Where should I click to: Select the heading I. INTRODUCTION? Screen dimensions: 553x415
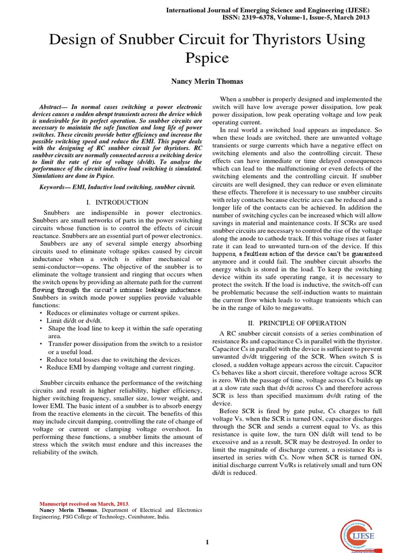click(117, 202)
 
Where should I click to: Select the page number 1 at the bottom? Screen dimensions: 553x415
click(207, 542)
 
